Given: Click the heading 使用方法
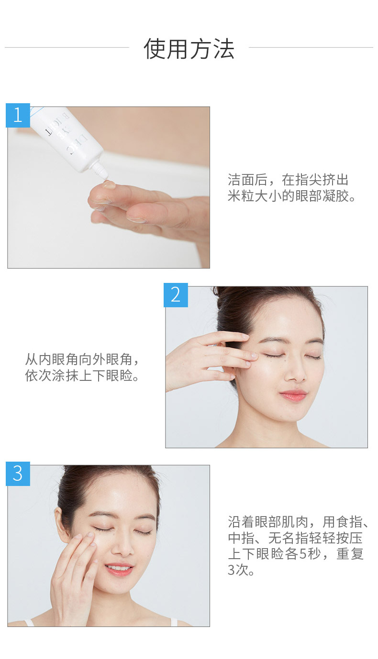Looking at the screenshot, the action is point(189,49).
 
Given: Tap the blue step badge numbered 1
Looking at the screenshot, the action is point(18,115).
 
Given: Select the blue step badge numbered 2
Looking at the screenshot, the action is point(176,295).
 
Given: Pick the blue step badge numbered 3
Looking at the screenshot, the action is point(18,474).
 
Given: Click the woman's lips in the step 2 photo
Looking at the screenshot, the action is point(293,395).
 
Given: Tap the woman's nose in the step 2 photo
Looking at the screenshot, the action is point(295,373).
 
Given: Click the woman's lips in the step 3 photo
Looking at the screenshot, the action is point(119,569).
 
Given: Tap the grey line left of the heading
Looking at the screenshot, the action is point(67,47).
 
